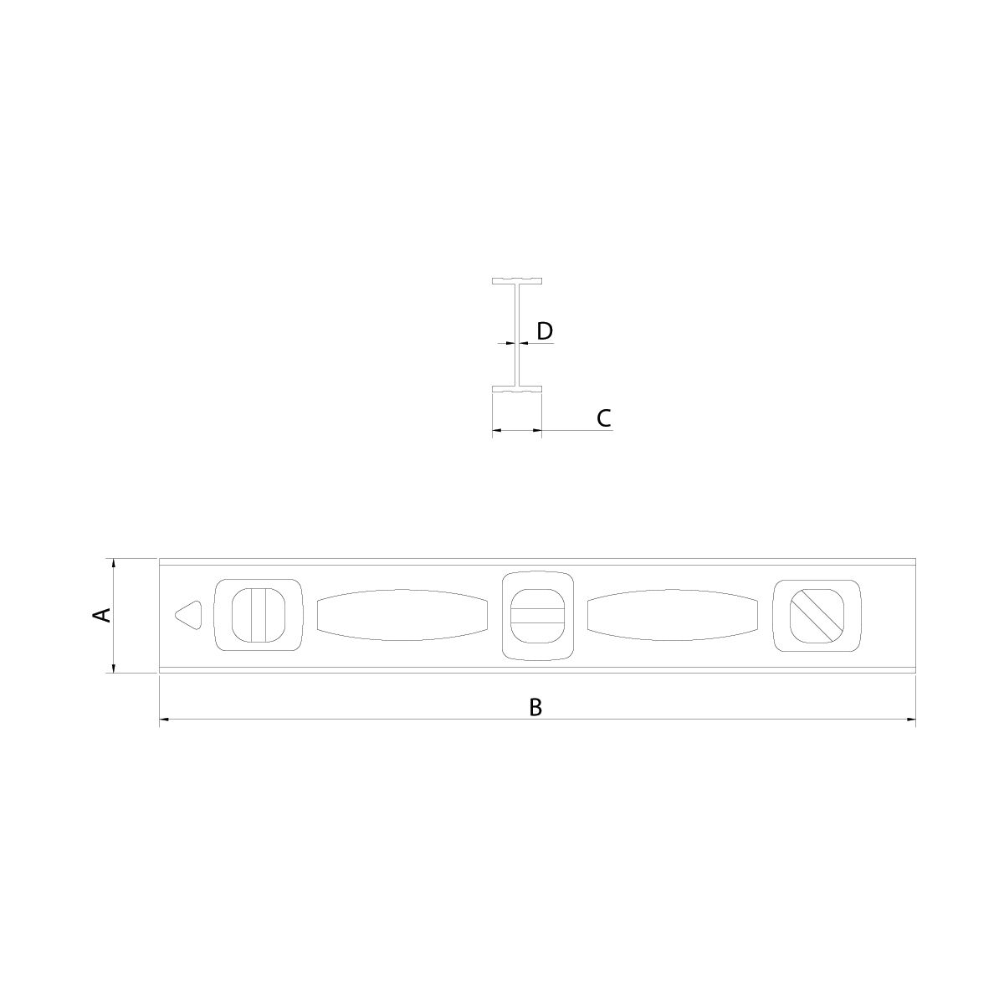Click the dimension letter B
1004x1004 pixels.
coord(535,708)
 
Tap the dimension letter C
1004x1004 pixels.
coord(603,417)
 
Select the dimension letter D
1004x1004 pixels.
coord(545,330)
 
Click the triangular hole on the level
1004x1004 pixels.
coord(188,615)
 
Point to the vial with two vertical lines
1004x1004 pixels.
coord(259,615)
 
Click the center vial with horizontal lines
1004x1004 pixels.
coord(538,616)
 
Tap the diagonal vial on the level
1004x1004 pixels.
coord(817,615)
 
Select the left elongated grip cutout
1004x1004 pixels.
coord(402,615)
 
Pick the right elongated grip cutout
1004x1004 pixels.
coord(673,615)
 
